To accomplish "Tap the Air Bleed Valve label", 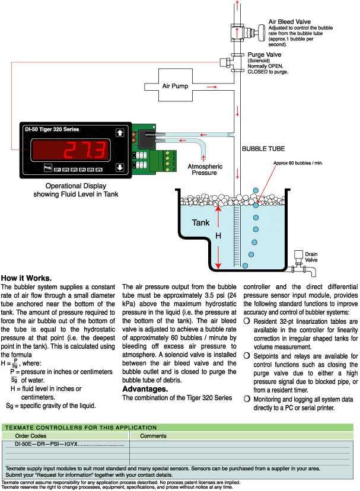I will [288, 21].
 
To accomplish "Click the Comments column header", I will [154, 435].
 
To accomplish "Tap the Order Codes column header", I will [30, 435].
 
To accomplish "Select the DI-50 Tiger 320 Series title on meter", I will [52, 129].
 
